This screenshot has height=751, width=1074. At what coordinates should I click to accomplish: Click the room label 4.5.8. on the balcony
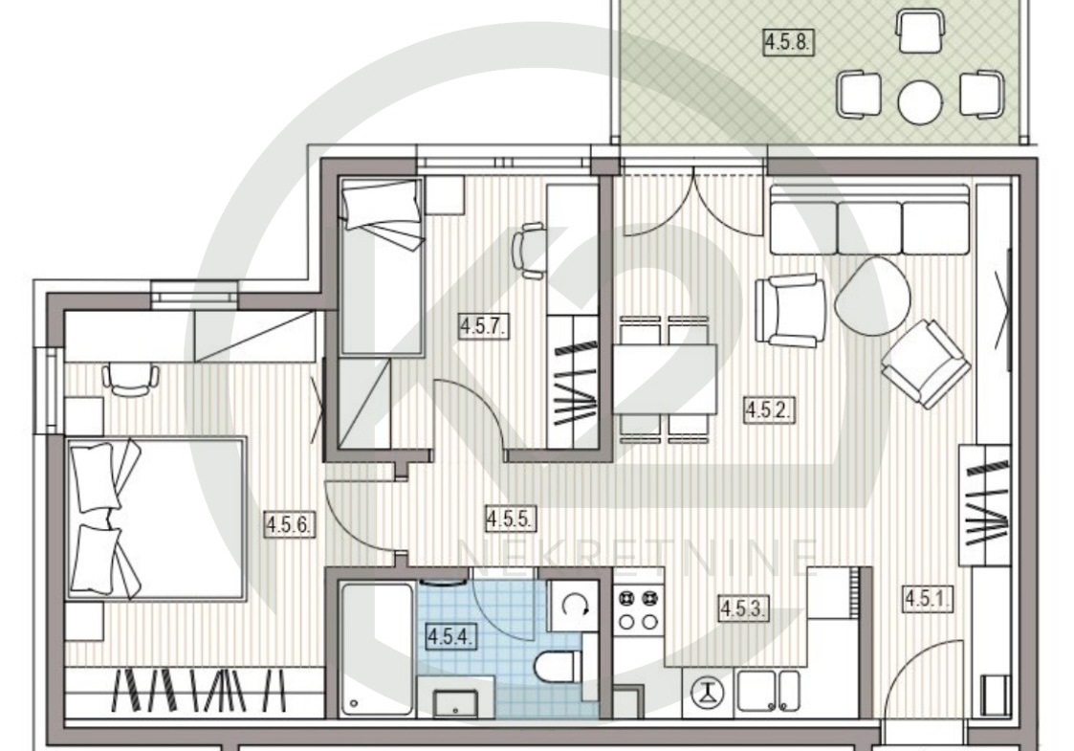(x=788, y=42)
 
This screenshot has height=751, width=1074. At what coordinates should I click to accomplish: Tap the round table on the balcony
(x=920, y=102)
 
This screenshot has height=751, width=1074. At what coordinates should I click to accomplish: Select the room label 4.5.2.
(x=769, y=409)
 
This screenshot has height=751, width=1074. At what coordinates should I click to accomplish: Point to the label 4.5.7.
(x=484, y=326)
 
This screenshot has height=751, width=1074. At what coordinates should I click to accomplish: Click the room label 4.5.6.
(x=290, y=525)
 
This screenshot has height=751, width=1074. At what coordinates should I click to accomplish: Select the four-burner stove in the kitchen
(x=638, y=609)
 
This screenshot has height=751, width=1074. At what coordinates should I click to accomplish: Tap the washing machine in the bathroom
(x=573, y=606)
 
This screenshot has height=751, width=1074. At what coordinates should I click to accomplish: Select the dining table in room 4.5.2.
(x=665, y=379)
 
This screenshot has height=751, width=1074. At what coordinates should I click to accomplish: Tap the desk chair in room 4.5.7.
(x=529, y=250)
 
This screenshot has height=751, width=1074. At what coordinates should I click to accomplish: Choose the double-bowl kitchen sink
(x=767, y=691)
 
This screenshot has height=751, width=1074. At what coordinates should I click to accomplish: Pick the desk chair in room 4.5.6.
(x=130, y=381)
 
